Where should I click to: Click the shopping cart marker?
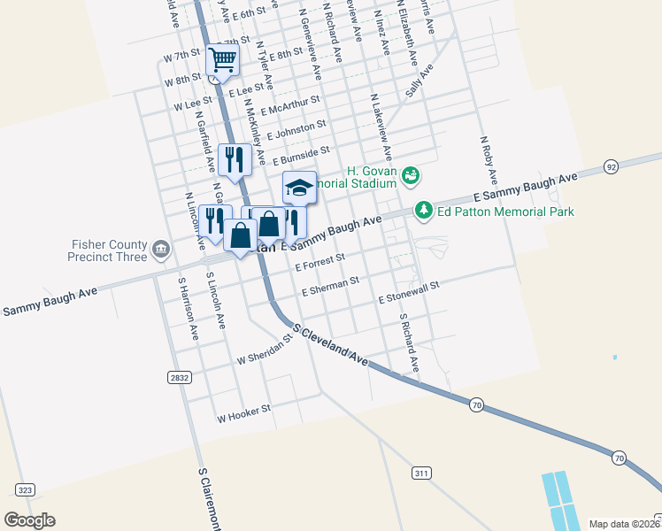click(222, 60)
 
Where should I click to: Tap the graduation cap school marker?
click(299, 187)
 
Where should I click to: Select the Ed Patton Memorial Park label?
click(505, 212)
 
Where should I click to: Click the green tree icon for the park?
click(424, 210)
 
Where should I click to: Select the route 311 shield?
click(420, 473)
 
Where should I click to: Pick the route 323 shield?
click(25, 489)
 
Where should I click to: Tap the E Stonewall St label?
click(409, 293)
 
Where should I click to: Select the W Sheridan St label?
click(264, 354)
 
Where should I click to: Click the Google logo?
click(29, 520)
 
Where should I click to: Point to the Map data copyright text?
click(623, 524)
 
